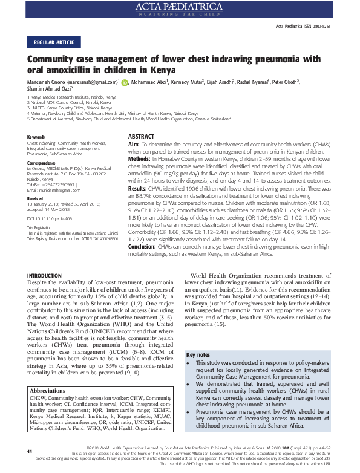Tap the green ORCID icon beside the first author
[125, 82]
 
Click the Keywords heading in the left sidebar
[36, 137]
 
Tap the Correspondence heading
[42, 163]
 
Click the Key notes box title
[198, 354]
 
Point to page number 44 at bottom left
[29, 452]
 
